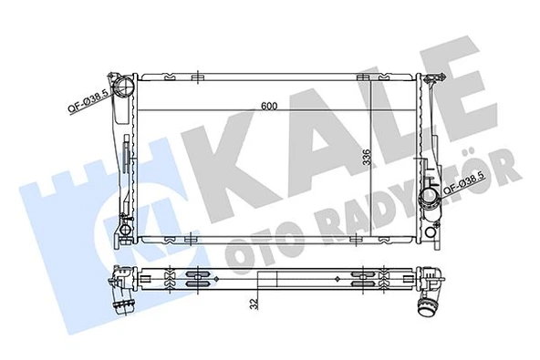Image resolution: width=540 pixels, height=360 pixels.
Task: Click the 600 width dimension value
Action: tap(267, 107)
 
